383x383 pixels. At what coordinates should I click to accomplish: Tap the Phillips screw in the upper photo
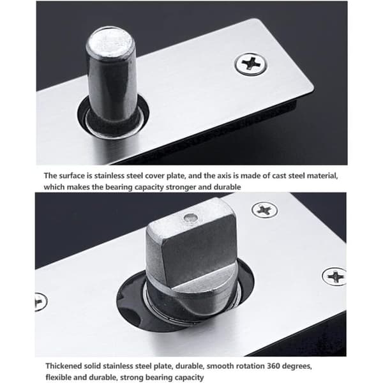click(251, 64)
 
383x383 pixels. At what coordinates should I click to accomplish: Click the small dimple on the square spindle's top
click(190, 217)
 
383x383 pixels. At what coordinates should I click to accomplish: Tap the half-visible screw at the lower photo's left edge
click(41, 301)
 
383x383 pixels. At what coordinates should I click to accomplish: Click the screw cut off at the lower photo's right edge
click(334, 276)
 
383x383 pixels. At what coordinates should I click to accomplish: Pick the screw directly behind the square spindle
click(264, 210)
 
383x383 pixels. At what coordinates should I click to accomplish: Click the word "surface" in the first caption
click(71, 176)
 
